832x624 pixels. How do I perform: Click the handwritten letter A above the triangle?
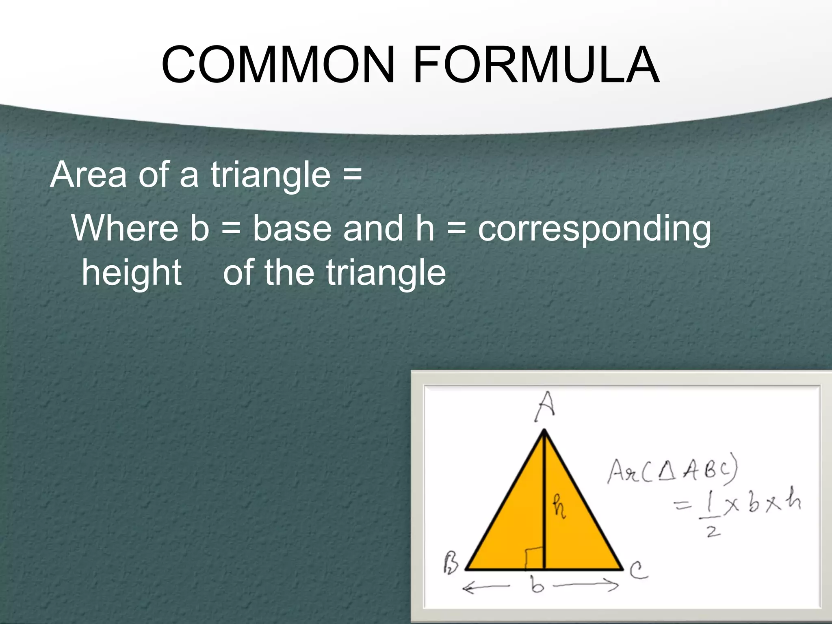coord(544,407)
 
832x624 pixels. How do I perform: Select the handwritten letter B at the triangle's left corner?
coord(451,563)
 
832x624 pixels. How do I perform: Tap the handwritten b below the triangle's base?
coord(537,585)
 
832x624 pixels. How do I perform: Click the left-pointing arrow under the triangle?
coord(486,587)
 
